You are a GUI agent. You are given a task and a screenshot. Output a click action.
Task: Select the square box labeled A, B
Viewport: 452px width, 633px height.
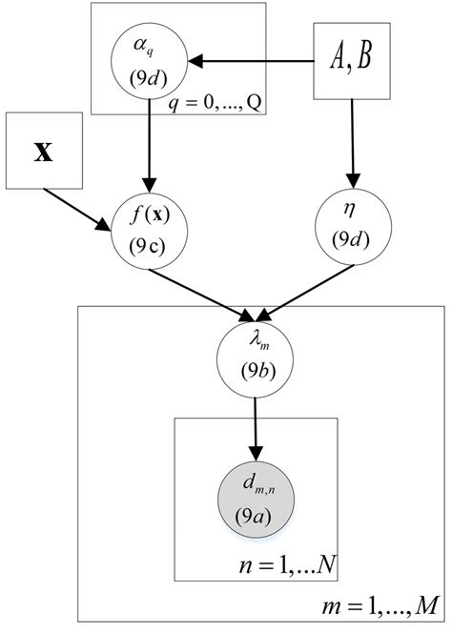click(352, 61)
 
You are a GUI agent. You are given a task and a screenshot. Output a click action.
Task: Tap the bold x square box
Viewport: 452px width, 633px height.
click(43, 178)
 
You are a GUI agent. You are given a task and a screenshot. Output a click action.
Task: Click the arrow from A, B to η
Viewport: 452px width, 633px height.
click(352, 143)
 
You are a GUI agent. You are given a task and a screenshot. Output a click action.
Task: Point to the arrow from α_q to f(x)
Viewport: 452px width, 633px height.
click(151, 143)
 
